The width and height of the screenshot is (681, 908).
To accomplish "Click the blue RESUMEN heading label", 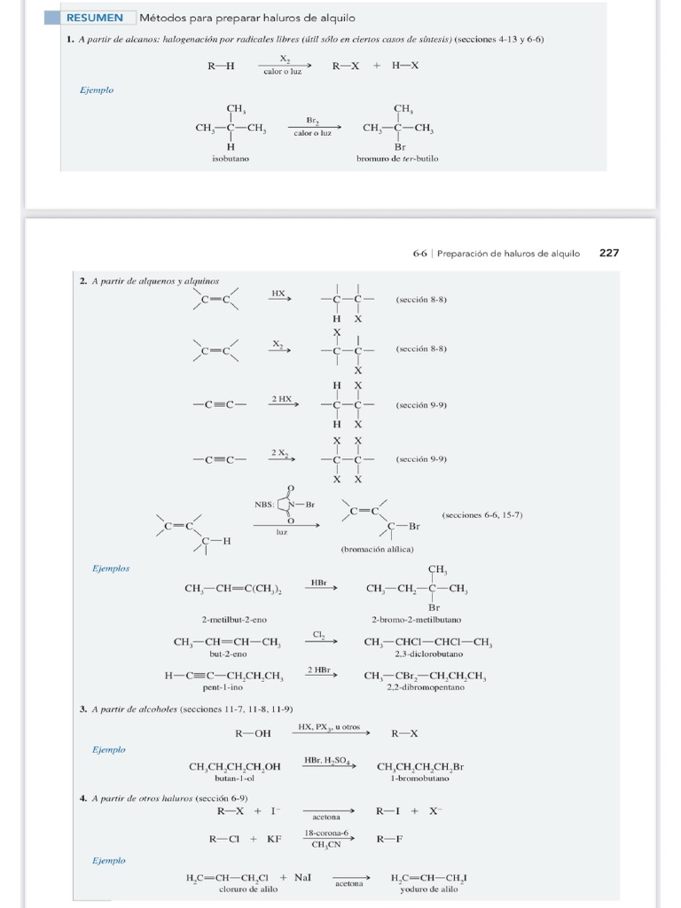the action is (x=94, y=18).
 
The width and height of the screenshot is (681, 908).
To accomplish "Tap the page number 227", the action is (x=609, y=253).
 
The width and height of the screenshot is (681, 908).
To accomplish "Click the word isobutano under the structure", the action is (x=231, y=159).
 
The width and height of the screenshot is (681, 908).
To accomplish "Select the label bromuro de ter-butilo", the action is (x=397, y=159).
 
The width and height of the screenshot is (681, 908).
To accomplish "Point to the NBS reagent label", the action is (x=264, y=505).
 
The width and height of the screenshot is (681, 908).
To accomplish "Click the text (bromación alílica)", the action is (x=378, y=549).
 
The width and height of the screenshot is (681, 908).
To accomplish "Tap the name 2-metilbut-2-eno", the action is (x=234, y=620).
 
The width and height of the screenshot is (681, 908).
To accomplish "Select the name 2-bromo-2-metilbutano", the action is (x=417, y=620).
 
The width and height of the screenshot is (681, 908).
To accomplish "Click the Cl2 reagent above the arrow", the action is (x=318, y=635).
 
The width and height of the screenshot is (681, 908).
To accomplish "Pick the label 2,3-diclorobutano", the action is (x=429, y=654).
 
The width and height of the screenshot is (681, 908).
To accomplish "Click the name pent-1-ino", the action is (x=223, y=687).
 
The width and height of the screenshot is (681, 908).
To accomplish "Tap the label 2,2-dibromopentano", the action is (x=426, y=687).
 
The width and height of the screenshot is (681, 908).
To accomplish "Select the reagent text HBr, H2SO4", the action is (x=327, y=760).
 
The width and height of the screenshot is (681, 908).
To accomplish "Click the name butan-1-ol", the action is (x=234, y=779).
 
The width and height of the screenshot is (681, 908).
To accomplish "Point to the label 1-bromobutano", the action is (x=419, y=779).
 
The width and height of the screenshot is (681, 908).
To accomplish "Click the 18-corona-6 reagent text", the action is (x=326, y=834).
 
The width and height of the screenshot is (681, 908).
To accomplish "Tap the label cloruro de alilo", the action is (x=248, y=888).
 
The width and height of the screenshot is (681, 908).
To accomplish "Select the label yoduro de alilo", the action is (x=429, y=888).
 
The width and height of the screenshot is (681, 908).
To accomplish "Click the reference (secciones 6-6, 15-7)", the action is (x=482, y=515).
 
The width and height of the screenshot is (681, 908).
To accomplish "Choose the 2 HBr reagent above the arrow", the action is (x=319, y=670).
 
